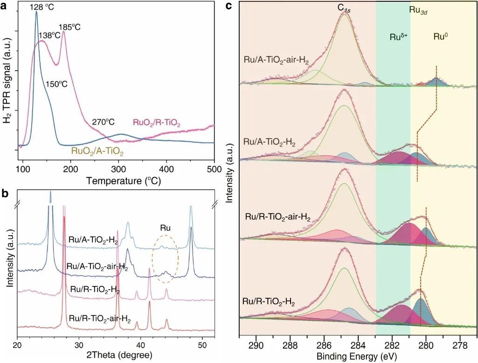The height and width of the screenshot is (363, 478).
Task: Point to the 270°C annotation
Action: (x=103, y=122)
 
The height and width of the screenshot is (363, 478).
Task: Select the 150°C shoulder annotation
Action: (x=56, y=84)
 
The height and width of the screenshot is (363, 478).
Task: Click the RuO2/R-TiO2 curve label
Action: (x=156, y=123)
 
